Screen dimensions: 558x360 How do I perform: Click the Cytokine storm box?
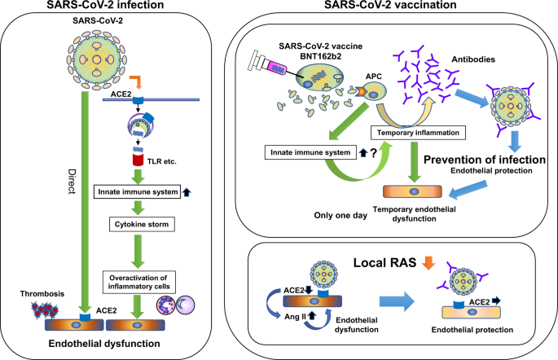142,224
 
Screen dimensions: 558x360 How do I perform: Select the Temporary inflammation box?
418,133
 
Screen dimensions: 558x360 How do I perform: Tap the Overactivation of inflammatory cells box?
139,282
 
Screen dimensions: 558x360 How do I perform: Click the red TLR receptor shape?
138,160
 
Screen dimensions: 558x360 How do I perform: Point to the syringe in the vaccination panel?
270,65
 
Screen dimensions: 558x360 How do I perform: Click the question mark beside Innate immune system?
373,153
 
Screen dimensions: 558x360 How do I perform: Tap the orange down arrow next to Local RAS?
428,262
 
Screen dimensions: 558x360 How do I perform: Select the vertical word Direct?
72,182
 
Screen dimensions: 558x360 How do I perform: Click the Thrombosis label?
42,293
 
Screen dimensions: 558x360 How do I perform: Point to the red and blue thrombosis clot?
45,310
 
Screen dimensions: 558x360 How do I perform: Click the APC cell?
373,91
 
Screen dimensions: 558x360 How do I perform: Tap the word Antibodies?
473,59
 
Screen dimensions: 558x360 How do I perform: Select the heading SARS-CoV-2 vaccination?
390,5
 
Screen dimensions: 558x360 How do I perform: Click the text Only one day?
341,215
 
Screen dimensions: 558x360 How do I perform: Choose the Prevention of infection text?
485,160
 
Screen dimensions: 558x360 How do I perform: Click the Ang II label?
295,316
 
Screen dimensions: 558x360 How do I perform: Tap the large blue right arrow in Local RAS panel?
397,301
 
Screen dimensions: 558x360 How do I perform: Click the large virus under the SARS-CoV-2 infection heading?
97,59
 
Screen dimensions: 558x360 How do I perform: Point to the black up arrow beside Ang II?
312,315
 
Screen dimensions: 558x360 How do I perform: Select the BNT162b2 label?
321,56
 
